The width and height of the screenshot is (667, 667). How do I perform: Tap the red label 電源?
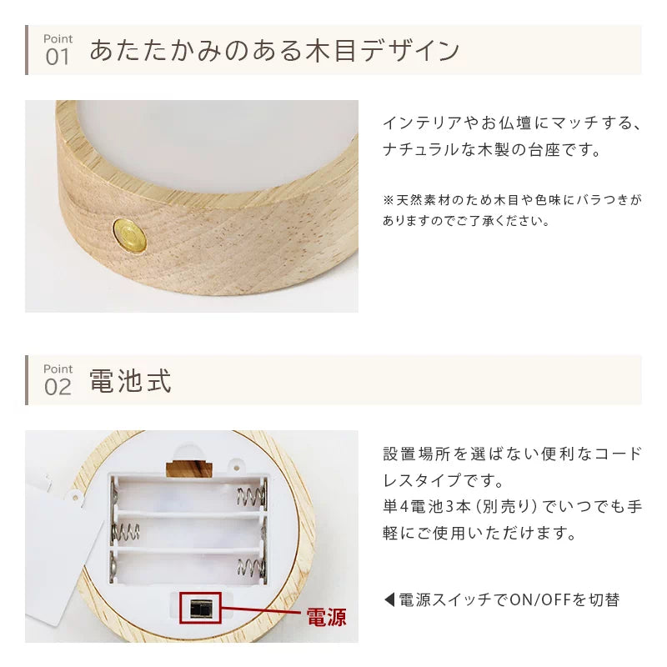click(326, 618)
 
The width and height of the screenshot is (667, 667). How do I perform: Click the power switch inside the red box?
click(200, 607)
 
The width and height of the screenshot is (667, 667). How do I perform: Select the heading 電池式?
click(130, 382)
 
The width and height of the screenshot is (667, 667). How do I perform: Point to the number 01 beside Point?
click(58, 58)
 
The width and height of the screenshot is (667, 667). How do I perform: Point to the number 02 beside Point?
click(58, 387)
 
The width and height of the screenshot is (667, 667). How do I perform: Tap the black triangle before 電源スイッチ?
click(389, 599)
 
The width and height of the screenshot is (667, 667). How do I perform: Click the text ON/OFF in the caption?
click(533, 599)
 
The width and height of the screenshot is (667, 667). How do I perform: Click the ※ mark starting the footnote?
click(388, 201)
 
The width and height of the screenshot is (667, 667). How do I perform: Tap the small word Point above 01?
click(58, 38)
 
